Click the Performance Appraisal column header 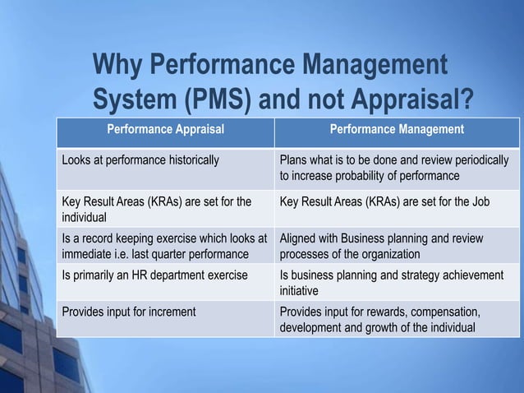click(164, 129)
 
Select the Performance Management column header click(397, 129)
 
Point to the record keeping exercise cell click(164, 246)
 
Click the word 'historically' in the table click(191, 160)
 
